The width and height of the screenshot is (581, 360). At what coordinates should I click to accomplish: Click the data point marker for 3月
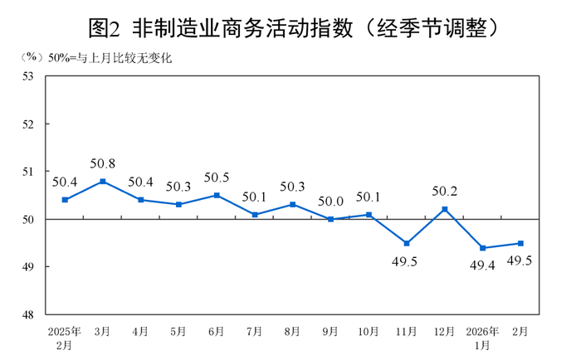click(x=102, y=181)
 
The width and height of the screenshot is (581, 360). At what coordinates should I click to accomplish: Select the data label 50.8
click(x=102, y=163)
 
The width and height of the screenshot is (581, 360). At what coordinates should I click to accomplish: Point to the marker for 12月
click(x=445, y=209)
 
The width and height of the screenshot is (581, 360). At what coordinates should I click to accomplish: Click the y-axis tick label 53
click(x=28, y=76)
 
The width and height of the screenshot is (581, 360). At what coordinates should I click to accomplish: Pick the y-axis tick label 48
click(x=28, y=315)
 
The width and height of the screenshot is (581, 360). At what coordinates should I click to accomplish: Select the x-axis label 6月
click(x=216, y=332)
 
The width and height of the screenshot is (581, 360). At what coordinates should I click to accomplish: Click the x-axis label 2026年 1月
click(x=482, y=338)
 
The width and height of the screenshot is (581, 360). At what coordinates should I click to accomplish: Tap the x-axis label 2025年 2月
click(x=64, y=338)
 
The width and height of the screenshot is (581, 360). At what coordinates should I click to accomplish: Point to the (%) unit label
click(x=31, y=57)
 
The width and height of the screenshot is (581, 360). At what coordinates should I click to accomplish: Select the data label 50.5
click(x=216, y=178)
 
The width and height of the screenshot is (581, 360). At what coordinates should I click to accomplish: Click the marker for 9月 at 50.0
click(x=330, y=219)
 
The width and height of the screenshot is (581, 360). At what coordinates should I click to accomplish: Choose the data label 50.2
click(x=445, y=191)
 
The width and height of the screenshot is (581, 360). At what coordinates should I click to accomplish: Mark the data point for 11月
click(x=407, y=243)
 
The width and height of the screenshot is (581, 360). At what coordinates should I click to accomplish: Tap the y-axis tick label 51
click(x=28, y=172)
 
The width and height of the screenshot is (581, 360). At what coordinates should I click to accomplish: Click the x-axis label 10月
click(x=369, y=332)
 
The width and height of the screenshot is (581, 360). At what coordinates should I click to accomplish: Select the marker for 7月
click(x=255, y=215)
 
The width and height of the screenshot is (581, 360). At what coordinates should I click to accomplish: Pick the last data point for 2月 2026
click(x=520, y=243)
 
